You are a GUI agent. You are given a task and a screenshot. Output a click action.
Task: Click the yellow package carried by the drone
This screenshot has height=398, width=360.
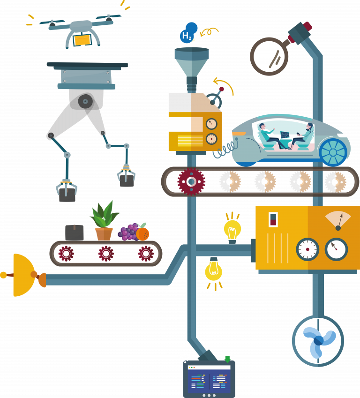click(82, 40)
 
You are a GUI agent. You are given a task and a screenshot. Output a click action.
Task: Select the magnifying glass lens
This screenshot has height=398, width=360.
click(269, 56)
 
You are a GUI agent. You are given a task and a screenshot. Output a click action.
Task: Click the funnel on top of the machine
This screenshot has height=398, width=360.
click(192, 62)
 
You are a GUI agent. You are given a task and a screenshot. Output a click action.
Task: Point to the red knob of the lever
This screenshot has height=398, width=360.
click(222, 89)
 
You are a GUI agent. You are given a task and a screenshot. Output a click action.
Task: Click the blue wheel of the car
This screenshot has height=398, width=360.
click(333, 152)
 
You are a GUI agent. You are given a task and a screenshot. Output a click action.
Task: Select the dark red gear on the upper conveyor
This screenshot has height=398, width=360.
click(191, 181)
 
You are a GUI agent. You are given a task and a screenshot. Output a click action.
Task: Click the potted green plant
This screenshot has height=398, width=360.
click(104, 221)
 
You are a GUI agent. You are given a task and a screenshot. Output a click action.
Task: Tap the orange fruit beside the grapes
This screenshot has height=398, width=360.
click(142, 234)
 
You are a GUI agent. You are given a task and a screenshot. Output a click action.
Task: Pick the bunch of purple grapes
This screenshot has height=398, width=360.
click(128, 232)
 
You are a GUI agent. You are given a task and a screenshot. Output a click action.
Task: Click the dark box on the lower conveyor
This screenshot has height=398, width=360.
click(75, 233)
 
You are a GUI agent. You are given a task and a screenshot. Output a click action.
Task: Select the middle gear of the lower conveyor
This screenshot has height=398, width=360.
click(106, 253)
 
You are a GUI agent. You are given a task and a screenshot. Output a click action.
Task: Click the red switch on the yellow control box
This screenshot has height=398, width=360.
click(273, 219)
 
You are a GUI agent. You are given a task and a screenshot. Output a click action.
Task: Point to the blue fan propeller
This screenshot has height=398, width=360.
click(319, 341)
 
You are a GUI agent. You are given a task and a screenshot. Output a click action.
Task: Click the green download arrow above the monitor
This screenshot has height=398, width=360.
click(227, 359)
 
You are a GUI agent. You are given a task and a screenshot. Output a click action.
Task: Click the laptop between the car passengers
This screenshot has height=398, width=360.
click(285, 135)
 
